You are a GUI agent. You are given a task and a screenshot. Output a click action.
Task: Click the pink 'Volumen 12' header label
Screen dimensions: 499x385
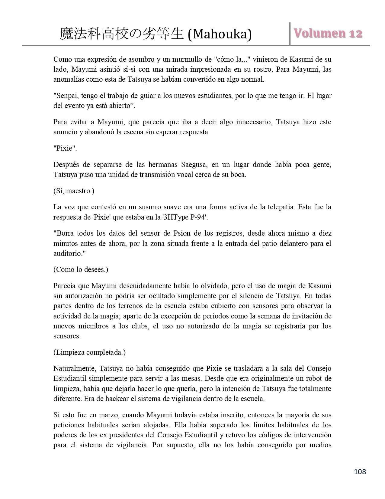tap(328, 34)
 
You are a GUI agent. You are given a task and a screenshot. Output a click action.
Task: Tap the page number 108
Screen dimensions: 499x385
tap(360, 471)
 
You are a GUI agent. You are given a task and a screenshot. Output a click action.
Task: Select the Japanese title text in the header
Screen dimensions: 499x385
tap(122, 34)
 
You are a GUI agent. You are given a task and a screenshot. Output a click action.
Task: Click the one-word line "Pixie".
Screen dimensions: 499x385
tap(65, 148)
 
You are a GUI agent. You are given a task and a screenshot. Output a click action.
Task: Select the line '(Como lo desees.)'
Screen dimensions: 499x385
tap(81, 269)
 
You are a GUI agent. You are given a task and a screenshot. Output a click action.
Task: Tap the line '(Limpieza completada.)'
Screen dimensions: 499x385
tap(89, 352)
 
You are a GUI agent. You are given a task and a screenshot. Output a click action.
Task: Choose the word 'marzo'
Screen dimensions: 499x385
tap(89, 415)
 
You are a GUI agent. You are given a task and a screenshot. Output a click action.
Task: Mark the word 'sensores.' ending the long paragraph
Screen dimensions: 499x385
tap(67, 336)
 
